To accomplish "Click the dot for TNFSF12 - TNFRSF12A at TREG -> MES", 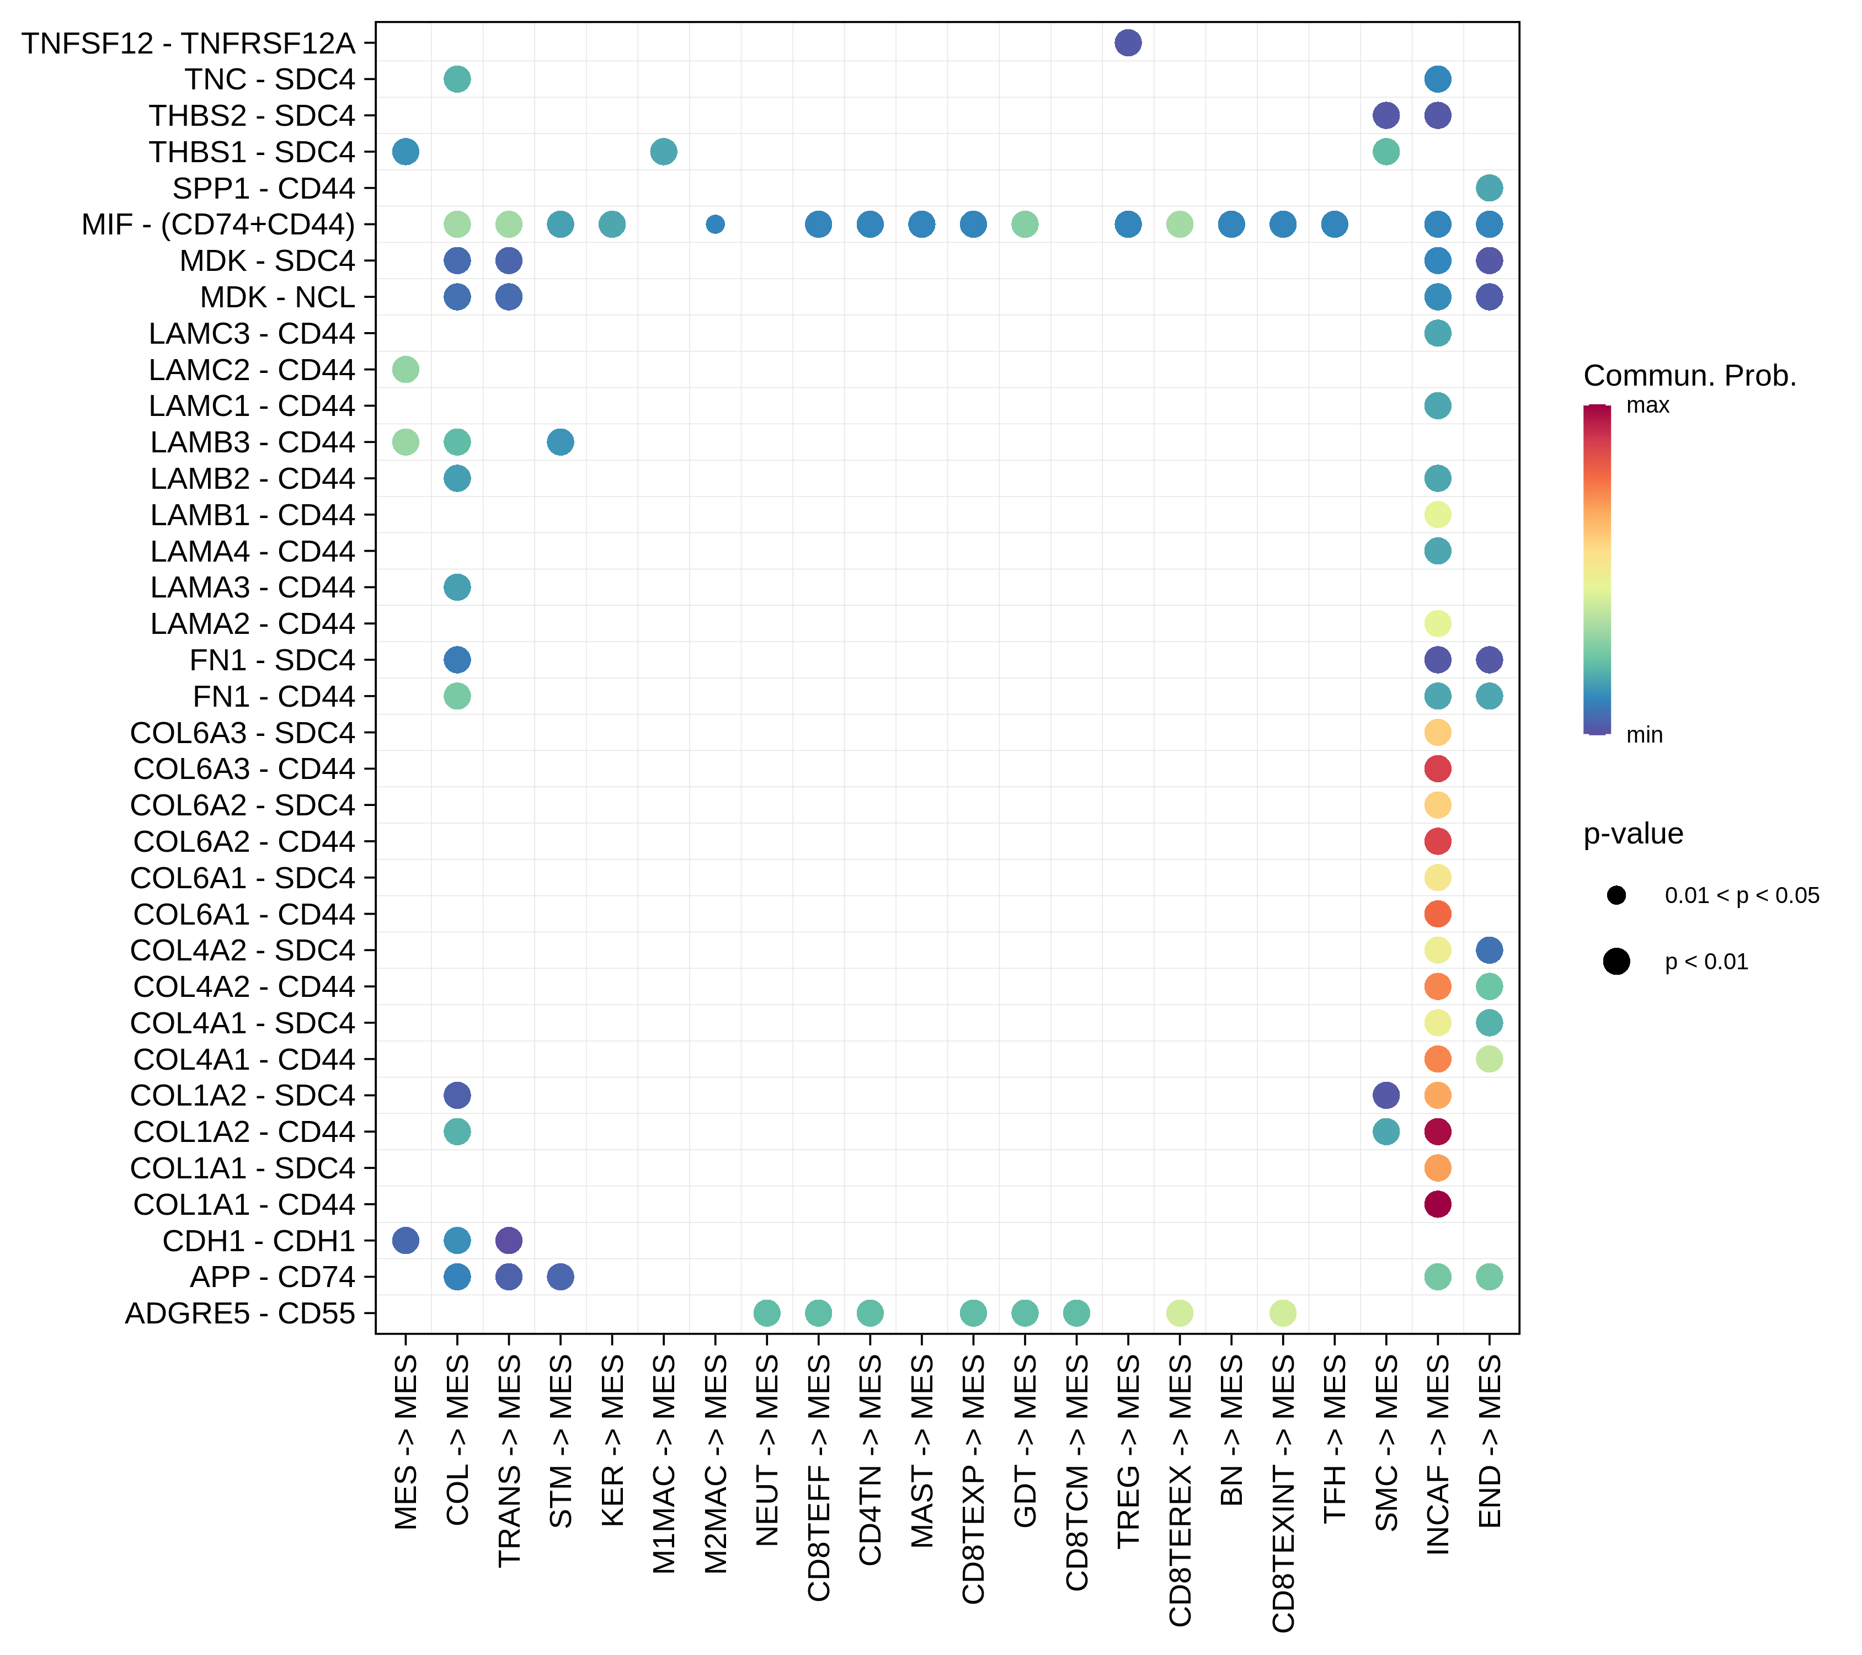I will [x=1128, y=43].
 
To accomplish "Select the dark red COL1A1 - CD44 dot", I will [x=1438, y=1204].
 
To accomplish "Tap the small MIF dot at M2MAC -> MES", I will [x=715, y=224].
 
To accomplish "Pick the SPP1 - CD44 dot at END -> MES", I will [x=1490, y=189].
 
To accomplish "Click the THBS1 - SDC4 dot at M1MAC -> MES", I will [x=663, y=152].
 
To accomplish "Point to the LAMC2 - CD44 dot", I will [x=406, y=370].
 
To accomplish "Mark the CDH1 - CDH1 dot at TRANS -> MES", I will [x=508, y=1241].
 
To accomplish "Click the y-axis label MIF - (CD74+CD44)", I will [x=218, y=224].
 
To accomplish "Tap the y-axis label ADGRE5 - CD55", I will [x=239, y=1314].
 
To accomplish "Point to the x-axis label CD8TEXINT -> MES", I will [x=1283, y=1494].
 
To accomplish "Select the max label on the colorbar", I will [x=1648, y=405].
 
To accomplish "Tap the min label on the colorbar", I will [x=1644, y=735].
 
